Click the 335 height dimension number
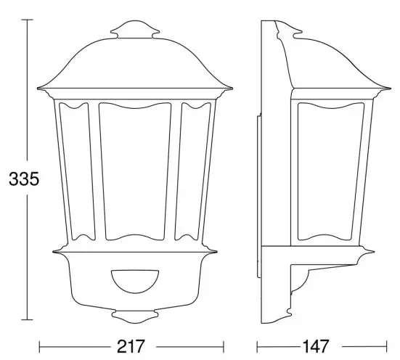click(20, 178)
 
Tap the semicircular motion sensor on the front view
click(135, 278)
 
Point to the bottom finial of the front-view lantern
click(135, 318)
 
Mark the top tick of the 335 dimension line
click(28, 20)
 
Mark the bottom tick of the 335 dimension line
click(28, 319)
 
